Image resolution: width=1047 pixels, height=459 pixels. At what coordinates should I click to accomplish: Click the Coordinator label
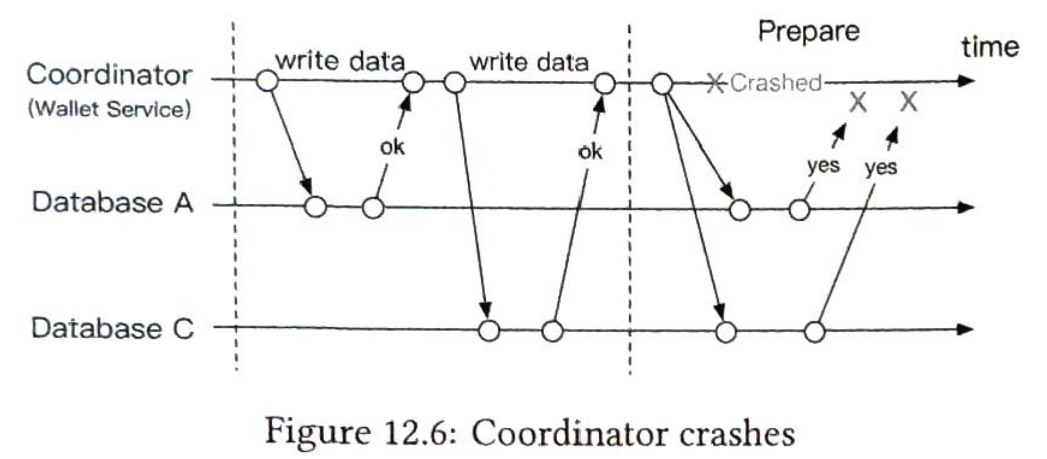click(x=109, y=75)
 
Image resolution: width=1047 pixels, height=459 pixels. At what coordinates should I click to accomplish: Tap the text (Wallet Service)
click(x=109, y=109)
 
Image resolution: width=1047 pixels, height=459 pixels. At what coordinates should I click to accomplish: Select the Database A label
click(x=113, y=202)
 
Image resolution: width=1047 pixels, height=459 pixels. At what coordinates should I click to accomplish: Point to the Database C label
click(x=113, y=328)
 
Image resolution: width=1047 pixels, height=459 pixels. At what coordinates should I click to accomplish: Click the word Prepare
click(x=809, y=32)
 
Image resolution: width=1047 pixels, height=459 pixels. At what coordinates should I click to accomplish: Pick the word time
click(x=990, y=47)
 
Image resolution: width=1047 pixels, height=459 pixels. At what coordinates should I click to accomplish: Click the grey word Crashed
click(x=775, y=83)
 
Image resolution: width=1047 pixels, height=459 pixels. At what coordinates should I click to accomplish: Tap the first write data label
click(x=340, y=61)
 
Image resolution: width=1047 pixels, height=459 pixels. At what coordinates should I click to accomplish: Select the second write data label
click(x=529, y=62)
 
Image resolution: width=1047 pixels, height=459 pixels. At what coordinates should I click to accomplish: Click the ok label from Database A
click(x=392, y=148)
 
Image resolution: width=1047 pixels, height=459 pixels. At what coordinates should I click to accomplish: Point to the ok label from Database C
click(x=590, y=152)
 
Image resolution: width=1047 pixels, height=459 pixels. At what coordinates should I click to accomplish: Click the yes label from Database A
click(x=823, y=165)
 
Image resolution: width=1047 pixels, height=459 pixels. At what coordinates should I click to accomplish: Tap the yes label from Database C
click(x=881, y=168)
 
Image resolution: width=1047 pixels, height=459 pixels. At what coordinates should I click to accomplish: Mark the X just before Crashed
click(x=715, y=83)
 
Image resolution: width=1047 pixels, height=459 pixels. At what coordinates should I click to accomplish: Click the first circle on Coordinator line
click(x=267, y=80)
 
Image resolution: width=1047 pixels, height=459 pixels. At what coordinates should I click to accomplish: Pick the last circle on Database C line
click(x=815, y=331)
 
